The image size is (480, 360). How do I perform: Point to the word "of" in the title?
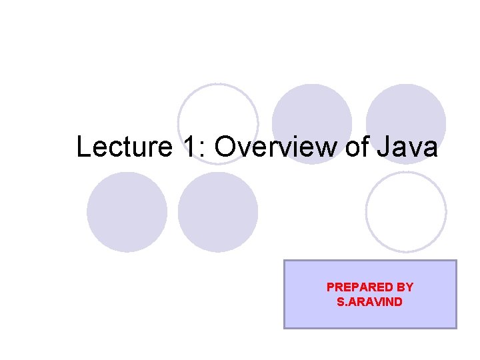[x=357, y=147]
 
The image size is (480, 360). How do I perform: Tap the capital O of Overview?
[x=225, y=147]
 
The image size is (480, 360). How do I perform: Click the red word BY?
[x=405, y=287]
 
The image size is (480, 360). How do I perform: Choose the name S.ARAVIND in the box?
[x=370, y=301]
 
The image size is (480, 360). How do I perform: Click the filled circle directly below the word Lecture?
[x=127, y=211]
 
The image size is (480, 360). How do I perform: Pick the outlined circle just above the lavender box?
[x=406, y=211]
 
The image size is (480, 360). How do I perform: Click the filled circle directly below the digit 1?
[x=218, y=211]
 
